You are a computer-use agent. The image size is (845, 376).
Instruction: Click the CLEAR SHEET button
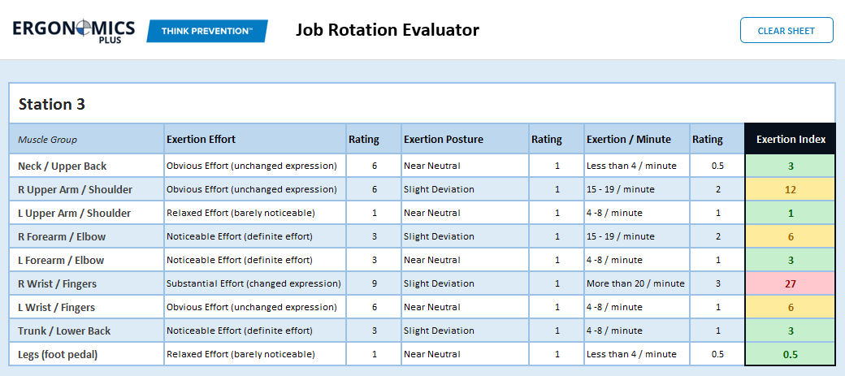(x=786, y=31)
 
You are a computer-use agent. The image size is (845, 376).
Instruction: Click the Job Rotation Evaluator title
(x=387, y=31)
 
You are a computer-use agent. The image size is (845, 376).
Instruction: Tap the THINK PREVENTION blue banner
(x=206, y=31)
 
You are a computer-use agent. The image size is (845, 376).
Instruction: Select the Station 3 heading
(x=52, y=104)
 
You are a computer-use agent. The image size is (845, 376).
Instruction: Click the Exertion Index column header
(x=791, y=139)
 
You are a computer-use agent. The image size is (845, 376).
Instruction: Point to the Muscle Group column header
(x=48, y=140)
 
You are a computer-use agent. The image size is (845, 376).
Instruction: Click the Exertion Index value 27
(x=791, y=283)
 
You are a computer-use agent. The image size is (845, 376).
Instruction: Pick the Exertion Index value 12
(x=791, y=189)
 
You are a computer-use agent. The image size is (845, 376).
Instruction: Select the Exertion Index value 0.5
(x=791, y=354)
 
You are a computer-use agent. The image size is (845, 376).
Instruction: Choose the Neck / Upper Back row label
(x=63, y=166)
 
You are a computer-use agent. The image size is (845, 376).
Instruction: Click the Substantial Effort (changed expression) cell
(x=253, y=283)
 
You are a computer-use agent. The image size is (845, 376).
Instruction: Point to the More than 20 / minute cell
(x=635, y=283)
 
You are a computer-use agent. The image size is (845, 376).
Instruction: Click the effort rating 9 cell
(x=374, y=283)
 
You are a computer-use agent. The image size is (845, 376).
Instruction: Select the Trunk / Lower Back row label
(x=64, y=331)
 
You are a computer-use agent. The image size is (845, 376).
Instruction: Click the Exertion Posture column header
(x=444, y=139)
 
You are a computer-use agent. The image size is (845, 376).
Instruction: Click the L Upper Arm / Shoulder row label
(x=75, y=213)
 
